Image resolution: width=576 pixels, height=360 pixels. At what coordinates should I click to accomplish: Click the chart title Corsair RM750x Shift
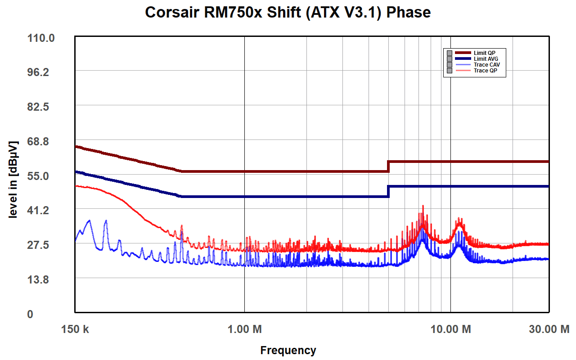click(288, 12)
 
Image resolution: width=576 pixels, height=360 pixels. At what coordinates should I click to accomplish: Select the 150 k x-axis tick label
click(75, 329)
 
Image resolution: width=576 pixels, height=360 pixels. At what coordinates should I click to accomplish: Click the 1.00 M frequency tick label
click(244, 329)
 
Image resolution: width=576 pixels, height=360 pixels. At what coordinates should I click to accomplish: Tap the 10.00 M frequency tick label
click(450, 329)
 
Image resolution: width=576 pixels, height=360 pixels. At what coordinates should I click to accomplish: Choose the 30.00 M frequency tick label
click(549, 329)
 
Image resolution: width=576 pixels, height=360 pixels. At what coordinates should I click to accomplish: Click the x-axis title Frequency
click(288, 350)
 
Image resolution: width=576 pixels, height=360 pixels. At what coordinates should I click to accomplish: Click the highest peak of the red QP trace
click(423, 206)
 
